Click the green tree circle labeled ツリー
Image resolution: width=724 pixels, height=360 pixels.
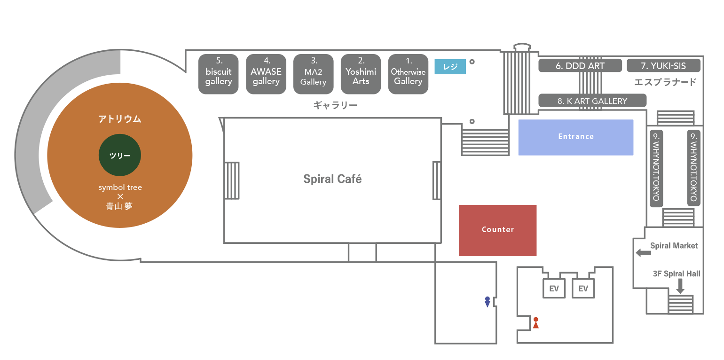tap(120, 156)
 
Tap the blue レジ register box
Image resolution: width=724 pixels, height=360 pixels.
tap(450, 67)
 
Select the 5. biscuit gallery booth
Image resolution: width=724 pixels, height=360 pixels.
tap(219, 74)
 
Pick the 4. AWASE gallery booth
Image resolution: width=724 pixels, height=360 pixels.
tap(266, 74)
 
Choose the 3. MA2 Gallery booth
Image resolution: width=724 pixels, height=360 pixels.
tap(314, 74)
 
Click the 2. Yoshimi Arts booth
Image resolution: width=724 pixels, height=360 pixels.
tap(361, 74)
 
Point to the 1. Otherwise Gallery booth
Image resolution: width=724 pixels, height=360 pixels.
tap(408, 74)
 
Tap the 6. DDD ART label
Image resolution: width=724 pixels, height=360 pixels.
tap(580, 66)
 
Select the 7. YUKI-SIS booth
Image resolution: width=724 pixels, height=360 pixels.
tap(663, 66)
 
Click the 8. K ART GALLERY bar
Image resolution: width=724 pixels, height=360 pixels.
tap(592, 101)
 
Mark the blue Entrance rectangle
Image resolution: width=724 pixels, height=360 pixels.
tap(576, 137)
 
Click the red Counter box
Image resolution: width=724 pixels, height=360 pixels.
tap(497, 230)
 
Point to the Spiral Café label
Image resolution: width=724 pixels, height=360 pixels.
tap(332, 179)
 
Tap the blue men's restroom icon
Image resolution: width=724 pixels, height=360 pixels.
tap(488, 302)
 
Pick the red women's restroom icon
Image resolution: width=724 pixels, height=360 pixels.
tap(535, 323)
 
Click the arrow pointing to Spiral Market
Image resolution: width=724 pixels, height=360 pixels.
tap(643, 253)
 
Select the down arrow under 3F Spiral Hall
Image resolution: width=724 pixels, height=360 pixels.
tap(680, 286)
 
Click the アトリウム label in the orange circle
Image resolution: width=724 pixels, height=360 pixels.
tap(119, 119)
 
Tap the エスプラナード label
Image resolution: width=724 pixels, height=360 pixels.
tap(665, 82)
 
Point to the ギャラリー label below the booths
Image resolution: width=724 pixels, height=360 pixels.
tap(335, 105)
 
